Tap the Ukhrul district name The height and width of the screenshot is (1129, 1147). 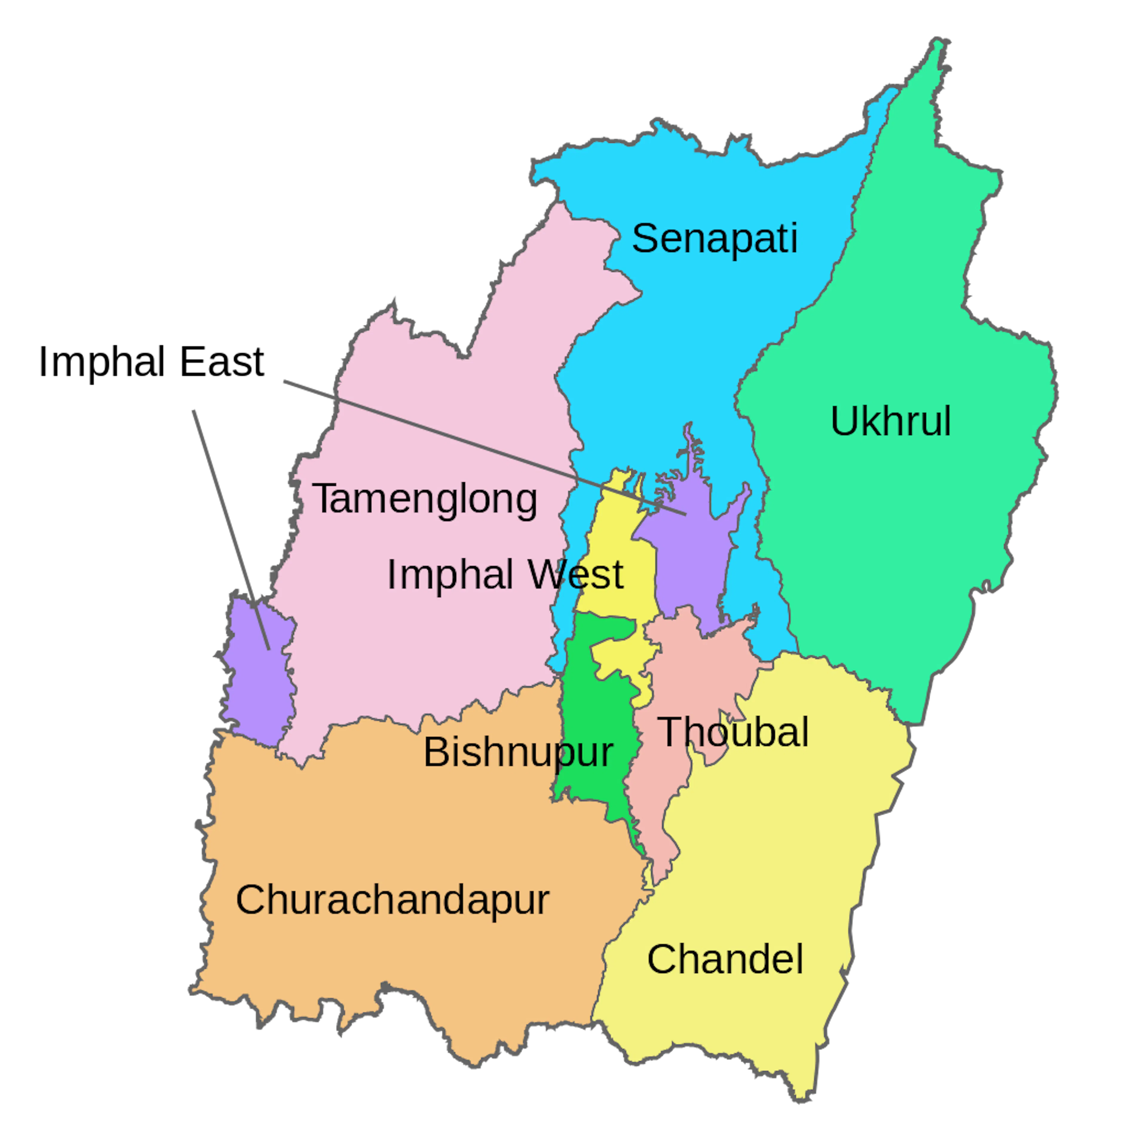[890, 422]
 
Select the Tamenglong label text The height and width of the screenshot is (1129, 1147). [425, 499]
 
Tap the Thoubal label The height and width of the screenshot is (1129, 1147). [733, 732]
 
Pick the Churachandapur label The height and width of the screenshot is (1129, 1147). [392, 899]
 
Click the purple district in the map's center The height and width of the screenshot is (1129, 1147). [688, 563]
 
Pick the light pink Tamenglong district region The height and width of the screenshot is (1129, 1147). [427, 415]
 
